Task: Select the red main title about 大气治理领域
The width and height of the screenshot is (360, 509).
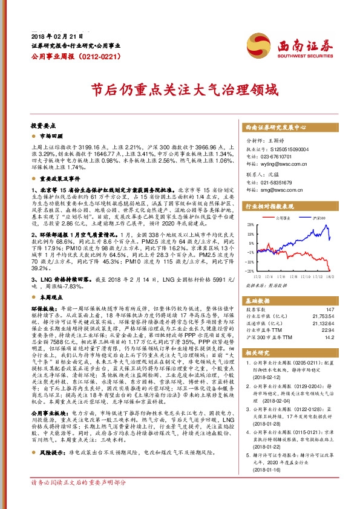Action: [179, 91]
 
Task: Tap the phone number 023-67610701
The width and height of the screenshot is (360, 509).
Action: [283, 155]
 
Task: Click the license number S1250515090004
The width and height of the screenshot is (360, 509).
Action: [294, 148]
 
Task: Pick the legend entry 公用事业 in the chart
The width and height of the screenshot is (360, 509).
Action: [283, 216]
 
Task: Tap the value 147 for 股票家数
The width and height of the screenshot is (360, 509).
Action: [330, 309]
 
